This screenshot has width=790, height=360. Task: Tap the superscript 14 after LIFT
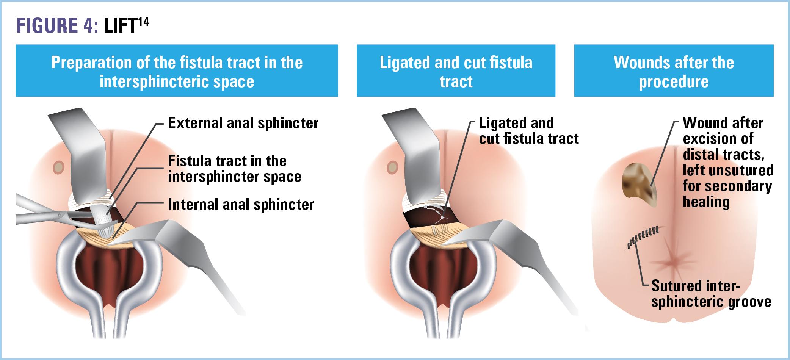coord(143,22)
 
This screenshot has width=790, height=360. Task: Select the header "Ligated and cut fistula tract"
coord(456,71)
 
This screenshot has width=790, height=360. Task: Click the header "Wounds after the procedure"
coord(674,71)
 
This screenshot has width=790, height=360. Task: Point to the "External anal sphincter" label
coord(243,123)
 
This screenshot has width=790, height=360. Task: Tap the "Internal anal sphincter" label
coord(241,205)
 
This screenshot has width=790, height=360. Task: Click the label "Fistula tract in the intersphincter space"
coord(234,169)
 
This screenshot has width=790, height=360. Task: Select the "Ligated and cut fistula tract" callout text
coord(528,131)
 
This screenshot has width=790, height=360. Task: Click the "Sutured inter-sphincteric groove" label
coord(711,294)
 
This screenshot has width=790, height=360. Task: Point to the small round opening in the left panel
coord(59,167)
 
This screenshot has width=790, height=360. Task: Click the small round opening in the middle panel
coord(392,167)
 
